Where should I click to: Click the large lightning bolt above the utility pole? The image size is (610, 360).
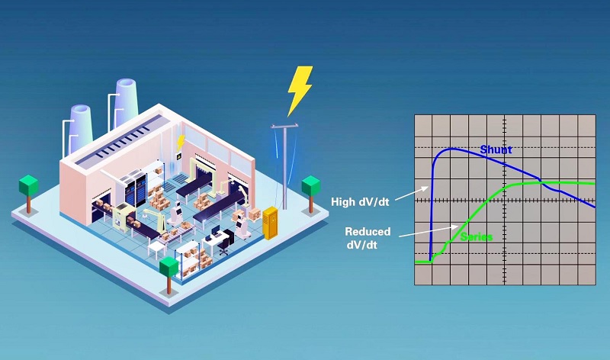click(299, 91)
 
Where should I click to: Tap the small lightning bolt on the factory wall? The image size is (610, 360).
click(181, 143)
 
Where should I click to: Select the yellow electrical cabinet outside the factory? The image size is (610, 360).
click(271, 223)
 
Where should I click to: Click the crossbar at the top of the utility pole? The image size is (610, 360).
click(284, 126)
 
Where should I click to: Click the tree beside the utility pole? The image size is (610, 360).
click(311, 194)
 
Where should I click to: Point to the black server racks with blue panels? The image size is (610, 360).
click(135, 191)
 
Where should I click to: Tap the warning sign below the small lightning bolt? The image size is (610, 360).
click(179, 156)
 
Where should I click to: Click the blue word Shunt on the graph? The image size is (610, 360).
click(496, 149)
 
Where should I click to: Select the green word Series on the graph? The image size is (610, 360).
click(476, 236)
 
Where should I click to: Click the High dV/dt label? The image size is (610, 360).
click(360, 202)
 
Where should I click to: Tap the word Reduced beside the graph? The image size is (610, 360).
click(368, 232)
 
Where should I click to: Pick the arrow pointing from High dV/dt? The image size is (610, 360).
click(412, 193)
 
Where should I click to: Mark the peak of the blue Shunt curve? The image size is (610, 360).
click(451, 148)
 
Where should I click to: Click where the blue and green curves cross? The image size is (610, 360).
click(540, 181)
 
